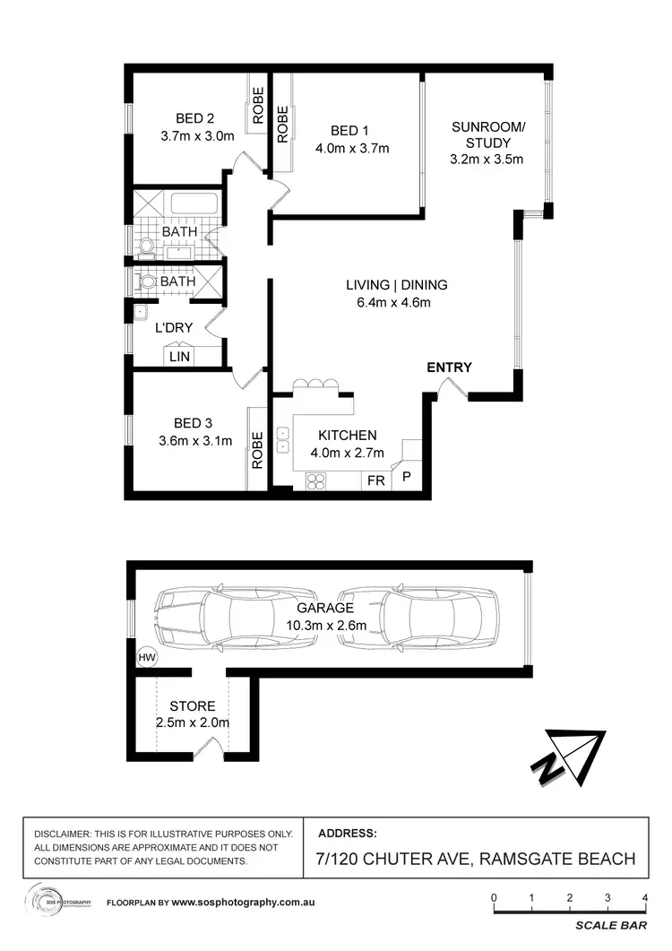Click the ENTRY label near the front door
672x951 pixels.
coord(449,367)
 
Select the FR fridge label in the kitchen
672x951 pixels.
coord(375,481)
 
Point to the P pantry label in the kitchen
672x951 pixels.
coord(406,478)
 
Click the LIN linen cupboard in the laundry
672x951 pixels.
coord(180,357)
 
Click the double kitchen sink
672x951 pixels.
coord(283,439)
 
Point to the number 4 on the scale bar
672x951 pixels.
coord(645,897)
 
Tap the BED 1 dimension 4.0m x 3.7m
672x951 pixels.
coord(354,149)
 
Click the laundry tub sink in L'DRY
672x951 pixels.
coord(141,313)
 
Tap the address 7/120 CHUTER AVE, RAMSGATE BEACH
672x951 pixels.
coord(476,859)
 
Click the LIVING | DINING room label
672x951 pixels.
coord(396,285)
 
